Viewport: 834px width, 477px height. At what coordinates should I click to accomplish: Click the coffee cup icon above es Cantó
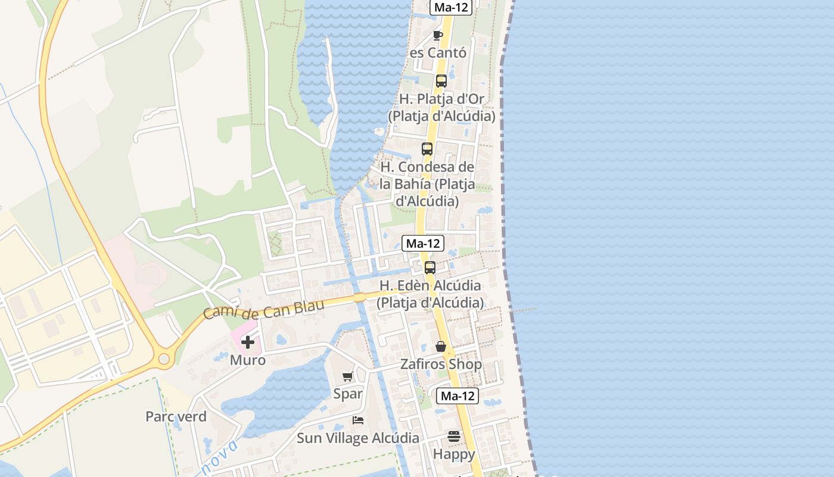pyautogui.click(x=438, y=35)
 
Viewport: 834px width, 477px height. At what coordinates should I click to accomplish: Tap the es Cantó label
pyautogui.click(x=438, y=52)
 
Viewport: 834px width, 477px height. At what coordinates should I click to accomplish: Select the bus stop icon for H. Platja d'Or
pyautogui.click(x=441, y=81)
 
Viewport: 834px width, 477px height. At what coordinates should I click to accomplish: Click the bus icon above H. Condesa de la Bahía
pyautogui.click(x=427, y=149)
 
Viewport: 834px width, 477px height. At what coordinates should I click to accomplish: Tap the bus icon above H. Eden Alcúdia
pyautogui.click(x=430, y=268)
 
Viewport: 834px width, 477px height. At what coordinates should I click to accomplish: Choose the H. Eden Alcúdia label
pyautogui.click(x=430, y=294)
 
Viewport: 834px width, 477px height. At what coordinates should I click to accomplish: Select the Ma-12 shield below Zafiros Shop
pyautogui.click(x=458, y=395)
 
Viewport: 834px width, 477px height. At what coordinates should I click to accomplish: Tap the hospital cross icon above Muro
pyautogui.click(x=248, y=342)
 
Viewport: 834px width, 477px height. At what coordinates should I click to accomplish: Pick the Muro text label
pyautogui.click(x=248, y=360)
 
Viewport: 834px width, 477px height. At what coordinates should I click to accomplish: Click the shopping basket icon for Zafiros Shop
pyautogui.click(x=441, y=346)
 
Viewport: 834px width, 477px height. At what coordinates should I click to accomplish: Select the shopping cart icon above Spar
pyautogui.click(x=347, y=376)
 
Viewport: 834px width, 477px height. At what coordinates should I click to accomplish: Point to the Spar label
pyautogui.click(x=348, y=394)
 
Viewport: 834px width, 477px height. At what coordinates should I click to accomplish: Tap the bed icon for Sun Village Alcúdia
pyautogui.click(x=358, y=420)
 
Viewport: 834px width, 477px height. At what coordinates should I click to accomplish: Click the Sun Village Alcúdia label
pyautogui.click(x=358, y=438)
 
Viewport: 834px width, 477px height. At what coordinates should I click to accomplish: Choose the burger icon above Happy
pyautogui.click(x=454, y=436)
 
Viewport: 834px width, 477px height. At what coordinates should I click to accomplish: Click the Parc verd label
pyautogui.click(x=176, y=417)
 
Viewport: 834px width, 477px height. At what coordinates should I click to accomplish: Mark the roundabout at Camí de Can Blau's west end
pyautogui.click(x=164, y=359)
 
